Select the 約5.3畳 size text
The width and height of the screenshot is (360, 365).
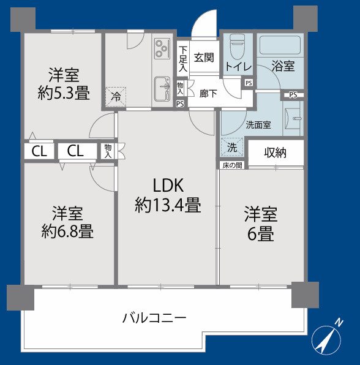(x=64, y=94)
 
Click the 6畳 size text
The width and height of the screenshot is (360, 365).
(x=261, y=233)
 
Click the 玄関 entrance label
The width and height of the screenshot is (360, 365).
(x=204, y=58)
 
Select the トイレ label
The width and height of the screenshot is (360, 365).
(x=237, y=66)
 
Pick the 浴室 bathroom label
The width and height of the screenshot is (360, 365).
(x=283, y=66)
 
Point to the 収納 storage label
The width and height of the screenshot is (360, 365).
(x=276, y=152)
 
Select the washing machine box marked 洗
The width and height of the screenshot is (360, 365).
(x=232, y=148)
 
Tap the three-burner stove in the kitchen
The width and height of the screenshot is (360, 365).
(x=163, y=48)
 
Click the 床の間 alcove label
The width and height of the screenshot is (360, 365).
(x=232, y=165)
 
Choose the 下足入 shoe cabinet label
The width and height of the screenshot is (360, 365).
(x=183, y=58)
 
